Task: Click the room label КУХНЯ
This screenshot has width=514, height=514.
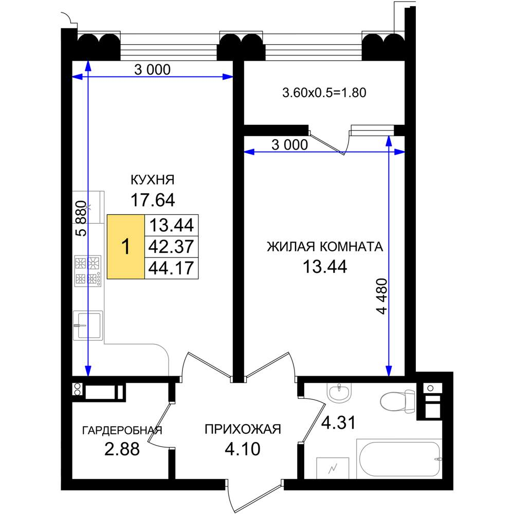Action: tap(153, 180)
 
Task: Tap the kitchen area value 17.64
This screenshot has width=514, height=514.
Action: tap(153, 200)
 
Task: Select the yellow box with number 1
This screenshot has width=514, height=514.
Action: tap(126, 247)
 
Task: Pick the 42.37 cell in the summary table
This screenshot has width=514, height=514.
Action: tap(172, 247)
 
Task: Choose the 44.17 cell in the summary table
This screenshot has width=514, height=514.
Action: tap(172, 268)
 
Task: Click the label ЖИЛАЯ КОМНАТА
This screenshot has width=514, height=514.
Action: tap(325, 247)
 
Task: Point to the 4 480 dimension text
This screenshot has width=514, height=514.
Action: tap(382, 297)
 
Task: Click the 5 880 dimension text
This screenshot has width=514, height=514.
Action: tap(81, 218)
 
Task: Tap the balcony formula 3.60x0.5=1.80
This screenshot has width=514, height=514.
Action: tap(324, 93)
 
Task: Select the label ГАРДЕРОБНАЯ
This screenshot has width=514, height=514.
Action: tap(122, 430)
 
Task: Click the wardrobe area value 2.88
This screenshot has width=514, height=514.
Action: tap(122, 449)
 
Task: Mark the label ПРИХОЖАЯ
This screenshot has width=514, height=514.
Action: tap(243, 429)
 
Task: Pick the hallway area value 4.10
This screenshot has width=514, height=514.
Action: tap(243, 449)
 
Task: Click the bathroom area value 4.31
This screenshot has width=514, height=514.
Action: tap(338, 423)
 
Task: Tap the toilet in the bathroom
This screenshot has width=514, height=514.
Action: tap(398, 400)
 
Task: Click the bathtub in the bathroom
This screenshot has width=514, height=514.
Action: tap(399, 459)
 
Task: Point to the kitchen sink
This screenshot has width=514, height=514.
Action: tap(88, 325)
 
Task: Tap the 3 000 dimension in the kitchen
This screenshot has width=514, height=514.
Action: tap(153, 69)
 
